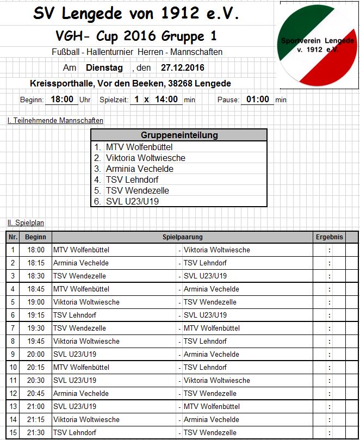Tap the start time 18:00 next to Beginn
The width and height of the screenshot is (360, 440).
pos(62,100)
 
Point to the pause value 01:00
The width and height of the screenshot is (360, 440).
pos(257,100)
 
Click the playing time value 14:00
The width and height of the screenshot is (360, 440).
pos(166,100)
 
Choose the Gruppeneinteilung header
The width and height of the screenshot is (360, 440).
pos(179,135)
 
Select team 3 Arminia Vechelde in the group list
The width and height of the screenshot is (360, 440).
pos(139,169)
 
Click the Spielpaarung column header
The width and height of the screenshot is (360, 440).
pos(183,237)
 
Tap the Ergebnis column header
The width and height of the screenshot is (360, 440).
pos(330,237)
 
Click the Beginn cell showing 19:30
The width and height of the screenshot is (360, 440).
pos(36,328)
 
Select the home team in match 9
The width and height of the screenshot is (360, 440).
pos(75,354)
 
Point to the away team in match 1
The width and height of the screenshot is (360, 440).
pos(217,250)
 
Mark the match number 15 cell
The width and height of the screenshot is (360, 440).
pos(13,432)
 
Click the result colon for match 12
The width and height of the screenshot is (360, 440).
pos(330,393)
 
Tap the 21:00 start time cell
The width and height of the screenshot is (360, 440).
pos(36,406)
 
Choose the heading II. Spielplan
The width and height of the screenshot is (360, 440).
pos(26,222)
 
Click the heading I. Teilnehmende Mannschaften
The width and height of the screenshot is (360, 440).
pos(55,120)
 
